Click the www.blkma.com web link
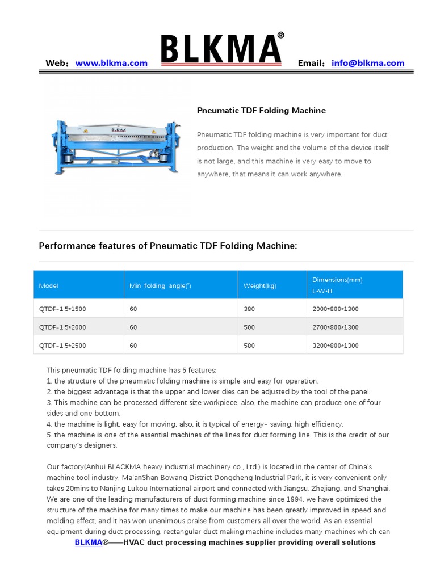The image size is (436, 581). (x=111, y=64)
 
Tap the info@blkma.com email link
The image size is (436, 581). (x=368, y=64)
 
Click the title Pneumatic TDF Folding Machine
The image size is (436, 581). (x=261, y=111)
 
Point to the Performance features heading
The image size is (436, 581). (x=167, y=246)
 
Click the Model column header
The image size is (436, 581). (x=49, y=285)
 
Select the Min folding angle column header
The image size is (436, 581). (x=161, y=285)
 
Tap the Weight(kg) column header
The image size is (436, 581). (x=260, y=285)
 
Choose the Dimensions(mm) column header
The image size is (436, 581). (x=337, y=280)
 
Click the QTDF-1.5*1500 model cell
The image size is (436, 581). (x=62, y=309)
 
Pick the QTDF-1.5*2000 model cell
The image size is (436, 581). (x=62, y=327)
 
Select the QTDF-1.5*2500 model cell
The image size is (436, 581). (x=62, y=345)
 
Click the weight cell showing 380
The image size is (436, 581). (x=249, y=309)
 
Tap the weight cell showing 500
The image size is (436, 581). (x=249, y=327)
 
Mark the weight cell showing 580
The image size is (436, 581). (x=249, y=345)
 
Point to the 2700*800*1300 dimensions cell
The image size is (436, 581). (x=336, y=327)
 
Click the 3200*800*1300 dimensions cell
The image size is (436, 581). (x=336, y=345)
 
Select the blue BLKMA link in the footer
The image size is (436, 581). (x=88, y=542)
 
